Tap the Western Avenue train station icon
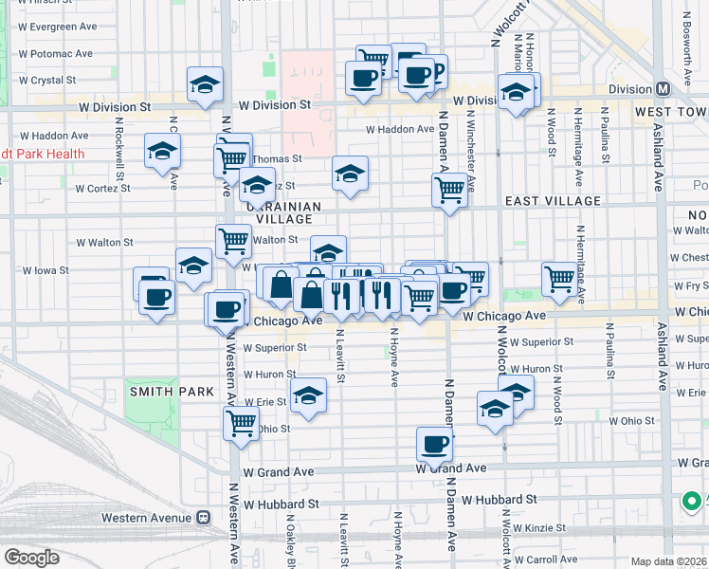(201, 519)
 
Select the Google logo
(31, 558)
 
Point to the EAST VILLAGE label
(553, 201)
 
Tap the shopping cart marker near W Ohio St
(242, 422)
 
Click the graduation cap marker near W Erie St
(308, 395)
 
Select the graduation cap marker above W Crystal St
(205, 84)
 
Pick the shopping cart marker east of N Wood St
(561, 280)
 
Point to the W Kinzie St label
(536, 527)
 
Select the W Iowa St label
(45, 270)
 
